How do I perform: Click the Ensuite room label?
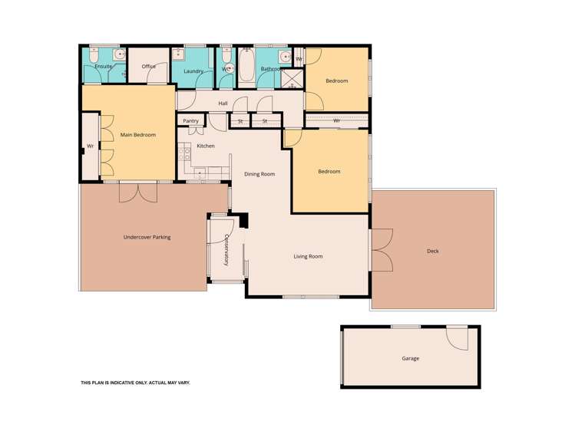coord(104,67)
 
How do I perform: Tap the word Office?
coord(149,67)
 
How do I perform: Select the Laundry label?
coord(193,71)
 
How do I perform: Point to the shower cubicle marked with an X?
coord(292,78)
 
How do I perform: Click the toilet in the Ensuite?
coord(93,55)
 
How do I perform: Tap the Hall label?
coord(223,103)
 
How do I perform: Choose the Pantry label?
coord(191,121)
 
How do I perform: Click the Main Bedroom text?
coord(138,135)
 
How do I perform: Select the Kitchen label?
coord(206,146)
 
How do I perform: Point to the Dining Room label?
coord(259,174)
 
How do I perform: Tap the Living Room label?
coord(308,256)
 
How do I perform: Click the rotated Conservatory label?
coord(226,249)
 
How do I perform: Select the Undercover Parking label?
coord(147,238)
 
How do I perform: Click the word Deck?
coord(433,251)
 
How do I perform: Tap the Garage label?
coord(411,358)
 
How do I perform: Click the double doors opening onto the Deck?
coord(381,250)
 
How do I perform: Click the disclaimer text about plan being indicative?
coord(135,382)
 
